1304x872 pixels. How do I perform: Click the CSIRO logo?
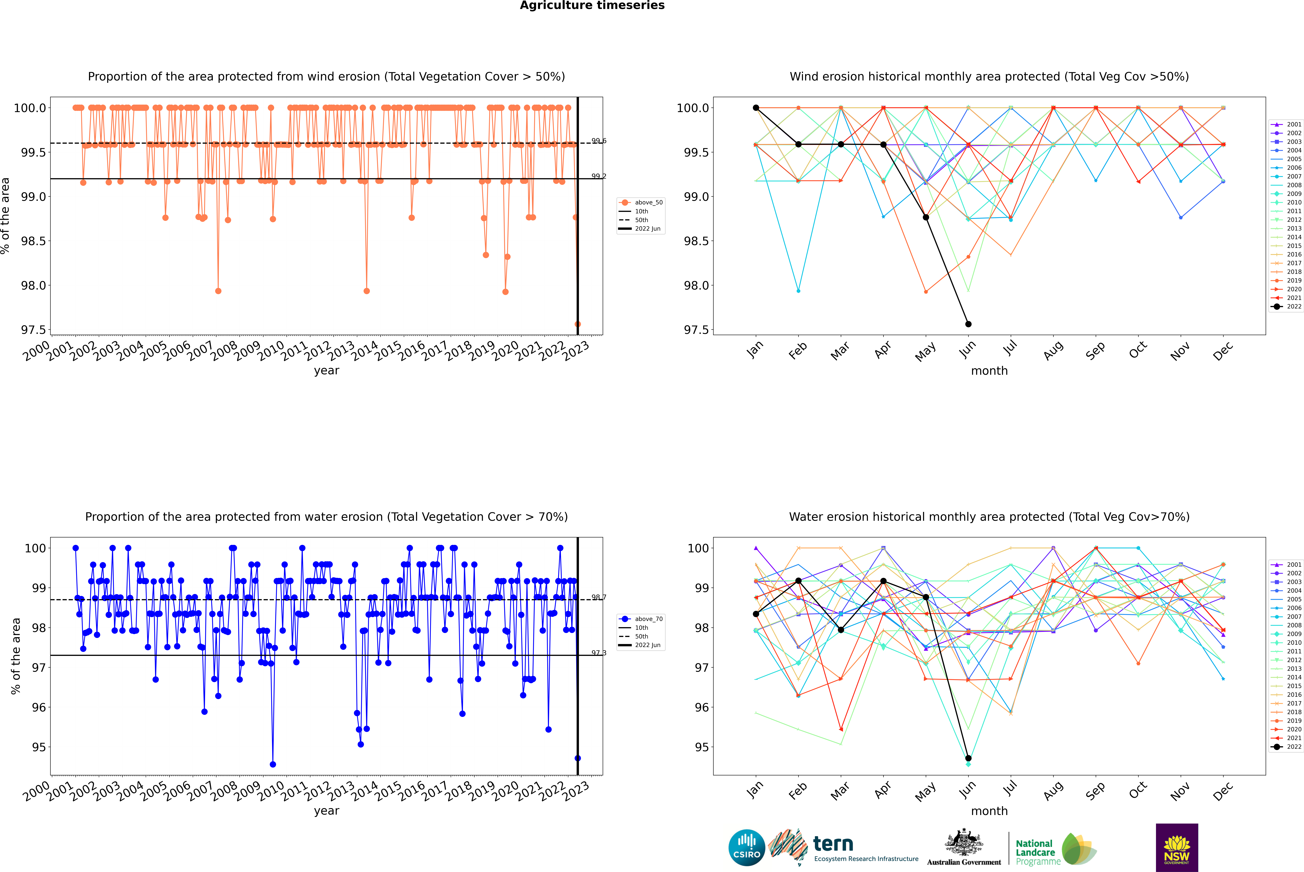click(747, 848)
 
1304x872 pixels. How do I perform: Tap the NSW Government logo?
click(1177, 848)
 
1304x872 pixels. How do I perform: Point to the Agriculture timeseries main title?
click(592, 6)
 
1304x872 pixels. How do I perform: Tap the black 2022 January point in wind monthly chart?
click(756, 108)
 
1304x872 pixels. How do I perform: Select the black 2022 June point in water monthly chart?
click(968, 758)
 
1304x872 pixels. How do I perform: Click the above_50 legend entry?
click(641, 202)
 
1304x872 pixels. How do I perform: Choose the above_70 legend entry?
click(641, 619)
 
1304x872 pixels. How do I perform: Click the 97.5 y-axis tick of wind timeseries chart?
click(33, 330)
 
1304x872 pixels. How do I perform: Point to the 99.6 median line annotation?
click(599, 141)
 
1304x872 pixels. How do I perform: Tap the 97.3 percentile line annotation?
click(599, 653)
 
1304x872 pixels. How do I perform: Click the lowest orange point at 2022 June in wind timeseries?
click(578, 324)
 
